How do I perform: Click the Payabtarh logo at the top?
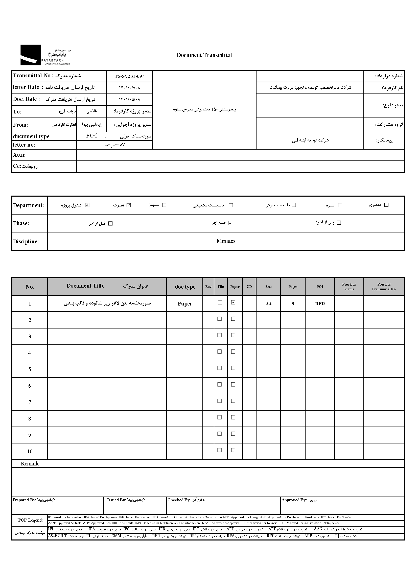point(45,55)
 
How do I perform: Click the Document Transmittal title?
point(204,55)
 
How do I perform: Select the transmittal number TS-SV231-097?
point(129,76)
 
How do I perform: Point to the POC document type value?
point(92,136)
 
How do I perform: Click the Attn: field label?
point(19,155)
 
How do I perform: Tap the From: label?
point(20,125)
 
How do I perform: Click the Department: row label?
point(29,205)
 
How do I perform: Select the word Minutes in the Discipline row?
point(226,241)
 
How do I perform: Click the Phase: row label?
point(21,223)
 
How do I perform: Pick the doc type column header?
point(185,287)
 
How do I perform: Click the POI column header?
point(320,287)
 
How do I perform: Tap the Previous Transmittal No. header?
point(384,287)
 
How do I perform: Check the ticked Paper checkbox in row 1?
point(233,302)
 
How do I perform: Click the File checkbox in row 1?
point(220,302)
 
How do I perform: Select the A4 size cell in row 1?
point(268,304)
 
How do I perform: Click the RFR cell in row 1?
point(320,304)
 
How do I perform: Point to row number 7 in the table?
point(30,402)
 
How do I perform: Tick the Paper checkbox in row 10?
point(233,450)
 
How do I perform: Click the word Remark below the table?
point(30,464)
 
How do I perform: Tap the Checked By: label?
point(179,500)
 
